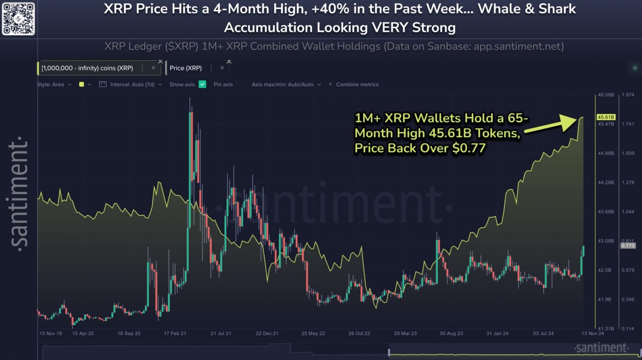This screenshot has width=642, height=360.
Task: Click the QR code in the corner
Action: pyautogui.click(x=18, y=19)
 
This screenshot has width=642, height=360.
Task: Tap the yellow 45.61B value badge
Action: pyautogui.click(x=606, y=117)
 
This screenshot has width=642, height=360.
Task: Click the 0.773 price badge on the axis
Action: pyautogui.click(x=628, y=245)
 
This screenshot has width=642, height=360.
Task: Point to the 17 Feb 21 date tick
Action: pyautogui.click(x=175, y=333)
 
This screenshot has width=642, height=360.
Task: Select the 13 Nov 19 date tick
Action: pyautogui.click(x=51, y=333)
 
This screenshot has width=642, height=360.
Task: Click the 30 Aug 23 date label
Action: pyautogui.click(x=451, y=333)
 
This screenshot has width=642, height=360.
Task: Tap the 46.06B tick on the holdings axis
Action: pyautogui.click(x=606, y=95)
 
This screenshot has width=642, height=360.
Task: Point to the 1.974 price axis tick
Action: pyautogui.click(x=628, y=95)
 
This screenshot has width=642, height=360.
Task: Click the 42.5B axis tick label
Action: pyautogui.click(x=604, y=270)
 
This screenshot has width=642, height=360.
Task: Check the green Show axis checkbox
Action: pyautogui.click(x=202, y=84)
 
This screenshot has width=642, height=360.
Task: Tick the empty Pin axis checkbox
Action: pyautogui.click(x=240, y=84)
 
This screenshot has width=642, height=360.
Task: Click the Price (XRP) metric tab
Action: pyautogui.click(x=186, y=68)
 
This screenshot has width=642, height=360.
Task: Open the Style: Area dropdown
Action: pyautogui.click(x=54, y=84)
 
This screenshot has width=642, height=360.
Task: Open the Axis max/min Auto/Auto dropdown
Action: pyautogui.click(x=286, y=84)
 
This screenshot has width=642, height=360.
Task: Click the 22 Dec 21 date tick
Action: pyautogui.click(x=267, y=333)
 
